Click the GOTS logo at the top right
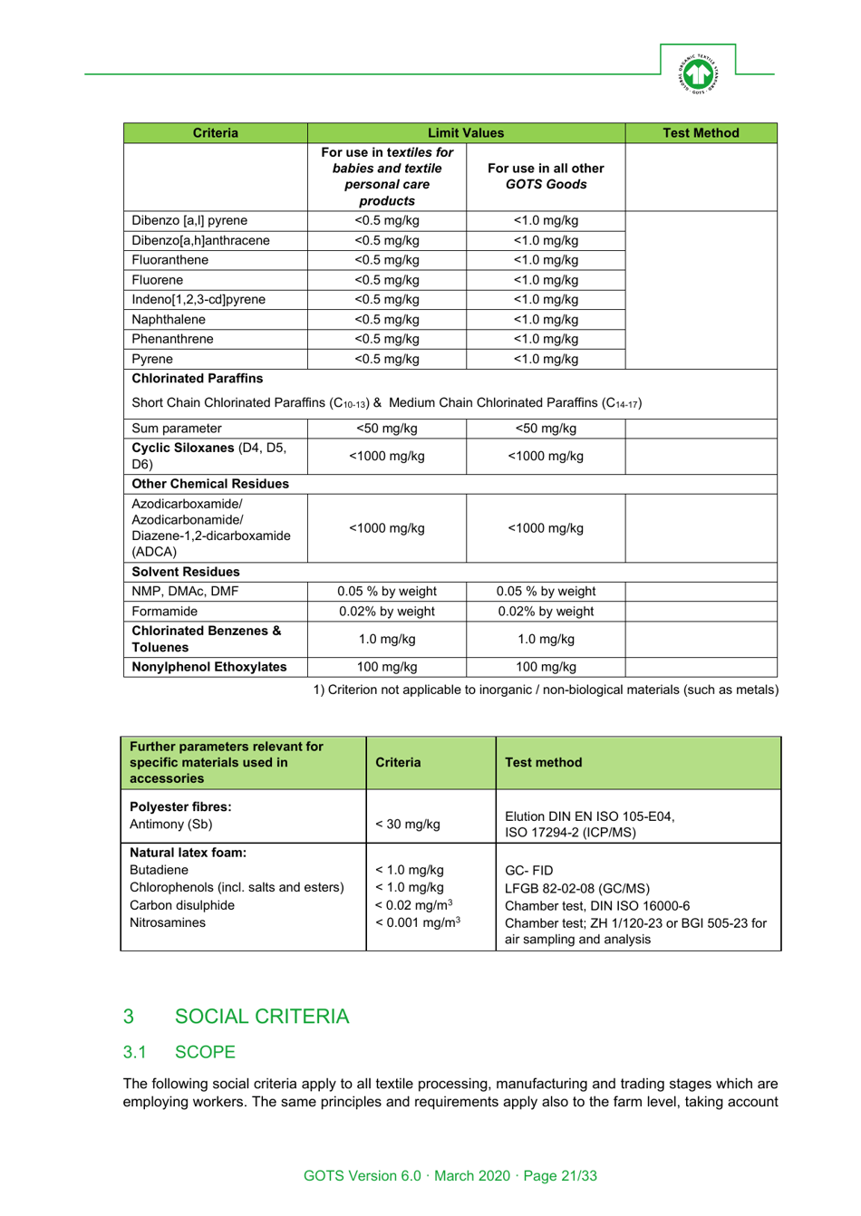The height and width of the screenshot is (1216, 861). click(x=698, y=73)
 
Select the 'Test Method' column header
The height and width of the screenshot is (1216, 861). click(x=701, y=133)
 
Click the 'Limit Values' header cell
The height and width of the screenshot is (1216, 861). click(x=466, y=133)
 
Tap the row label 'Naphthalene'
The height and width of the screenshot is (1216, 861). click(x=169, y=320)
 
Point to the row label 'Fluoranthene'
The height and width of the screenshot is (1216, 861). click(x=170, y=260)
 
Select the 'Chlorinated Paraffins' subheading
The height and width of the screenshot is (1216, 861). click(x=198, y=379)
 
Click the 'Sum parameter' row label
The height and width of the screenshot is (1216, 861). click(x=177, y=429)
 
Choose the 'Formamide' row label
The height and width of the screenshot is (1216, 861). click(x=164, y=612)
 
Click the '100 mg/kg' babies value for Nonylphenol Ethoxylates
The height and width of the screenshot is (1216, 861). click(x=387, y=667)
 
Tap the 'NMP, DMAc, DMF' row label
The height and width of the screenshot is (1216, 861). click(x=185, y=592)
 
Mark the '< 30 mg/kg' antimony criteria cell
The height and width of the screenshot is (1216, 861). click(x=408, y=825)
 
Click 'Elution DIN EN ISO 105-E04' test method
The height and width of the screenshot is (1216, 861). click(x=589, y=816)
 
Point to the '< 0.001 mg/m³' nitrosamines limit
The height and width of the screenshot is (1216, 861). click(x=418, y=922)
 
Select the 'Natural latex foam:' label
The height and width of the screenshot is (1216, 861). click(x=188, y=853)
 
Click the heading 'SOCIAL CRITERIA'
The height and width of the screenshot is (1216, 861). click(x=261, y=1017)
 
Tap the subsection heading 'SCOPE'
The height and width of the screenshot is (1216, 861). click(x=205, y=1052)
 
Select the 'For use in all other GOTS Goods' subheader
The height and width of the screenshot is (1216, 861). click(x=546, y=177)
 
